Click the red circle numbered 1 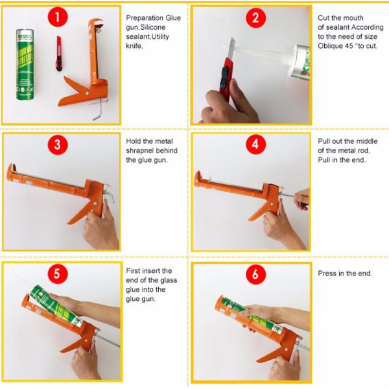click(58, 17)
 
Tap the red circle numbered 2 click(256, 18)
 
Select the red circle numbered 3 click(58, 145)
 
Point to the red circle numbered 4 click(256, 144)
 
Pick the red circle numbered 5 click(58, 274)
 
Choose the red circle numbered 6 click(256, 274)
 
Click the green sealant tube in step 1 click(25, 64)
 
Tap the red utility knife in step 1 click(59, 54)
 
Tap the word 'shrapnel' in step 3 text click(139, 151)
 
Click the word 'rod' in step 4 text click(364, 150)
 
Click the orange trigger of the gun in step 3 click(80, 213)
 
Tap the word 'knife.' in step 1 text click(134, 46)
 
